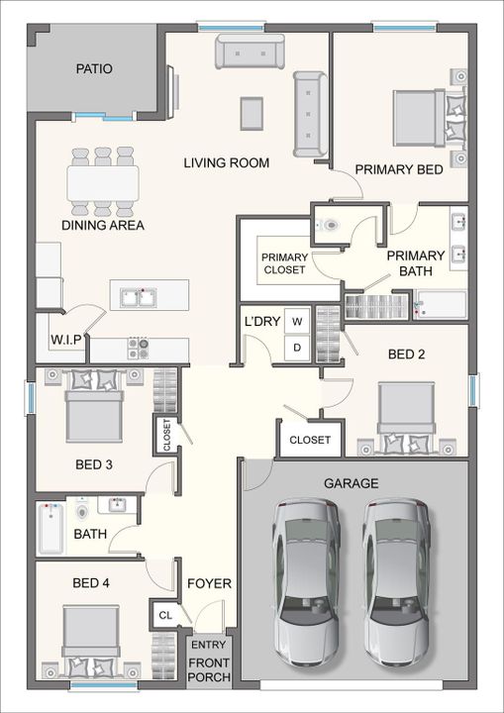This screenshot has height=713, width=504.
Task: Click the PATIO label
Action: tap(94, 69)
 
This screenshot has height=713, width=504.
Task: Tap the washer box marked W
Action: tap(297, 322)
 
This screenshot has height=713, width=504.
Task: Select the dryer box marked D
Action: tap(297, 348)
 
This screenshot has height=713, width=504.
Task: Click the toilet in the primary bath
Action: tap(330, 225)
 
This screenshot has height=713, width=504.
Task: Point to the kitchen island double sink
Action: tap(139, 297)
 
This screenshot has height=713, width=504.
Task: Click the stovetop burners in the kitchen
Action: tap(139, 349)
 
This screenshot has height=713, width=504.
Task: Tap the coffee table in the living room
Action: tap(252, 114)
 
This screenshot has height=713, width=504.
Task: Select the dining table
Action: tap(103, 183)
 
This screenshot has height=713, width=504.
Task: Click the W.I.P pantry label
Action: tap(66, 340)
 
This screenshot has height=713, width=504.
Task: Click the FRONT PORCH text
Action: tap(209, 669)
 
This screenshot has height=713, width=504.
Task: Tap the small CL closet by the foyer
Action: tap(165, 615)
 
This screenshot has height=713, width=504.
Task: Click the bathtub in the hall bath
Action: tap(50, 529)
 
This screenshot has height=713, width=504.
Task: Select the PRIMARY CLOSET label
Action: tap(285, 263)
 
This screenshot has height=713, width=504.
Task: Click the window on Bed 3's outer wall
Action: tap(30, 398)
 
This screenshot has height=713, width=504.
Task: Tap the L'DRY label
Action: tap(262, 322)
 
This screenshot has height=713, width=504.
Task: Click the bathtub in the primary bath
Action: tap(442, 305)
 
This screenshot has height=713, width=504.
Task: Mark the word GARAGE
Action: tap(351, 483)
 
